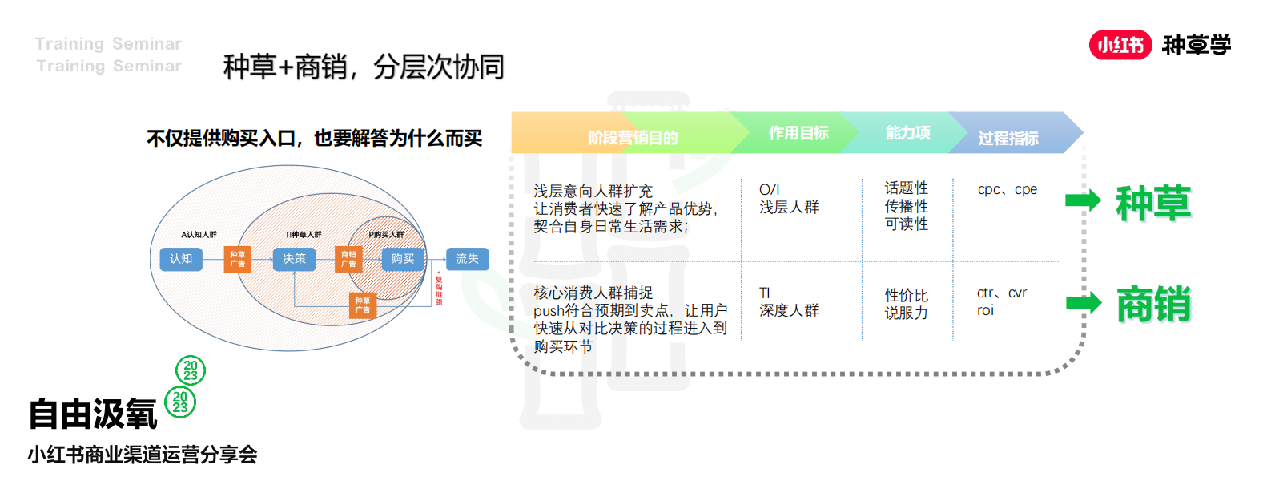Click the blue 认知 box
point(180,259)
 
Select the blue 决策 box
point(294,259)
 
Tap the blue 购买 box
point(403,259)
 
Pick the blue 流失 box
point(467,259)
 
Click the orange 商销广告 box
point(348,259)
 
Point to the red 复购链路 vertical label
point(439,289)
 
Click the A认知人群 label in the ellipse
point(199,235)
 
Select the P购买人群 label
point(386,235)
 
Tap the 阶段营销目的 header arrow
point(633,137)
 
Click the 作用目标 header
point(798,133)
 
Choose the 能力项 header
point(907,133)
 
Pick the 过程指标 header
point(1008,138)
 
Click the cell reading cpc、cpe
point(1007,190)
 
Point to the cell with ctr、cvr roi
point(1001,301)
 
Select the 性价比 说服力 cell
point(906,304)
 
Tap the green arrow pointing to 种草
point(1083,200)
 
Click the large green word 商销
point(1153,305)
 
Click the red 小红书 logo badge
point(1120,45)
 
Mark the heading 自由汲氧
point(93,414)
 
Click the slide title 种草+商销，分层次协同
point(364,67)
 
